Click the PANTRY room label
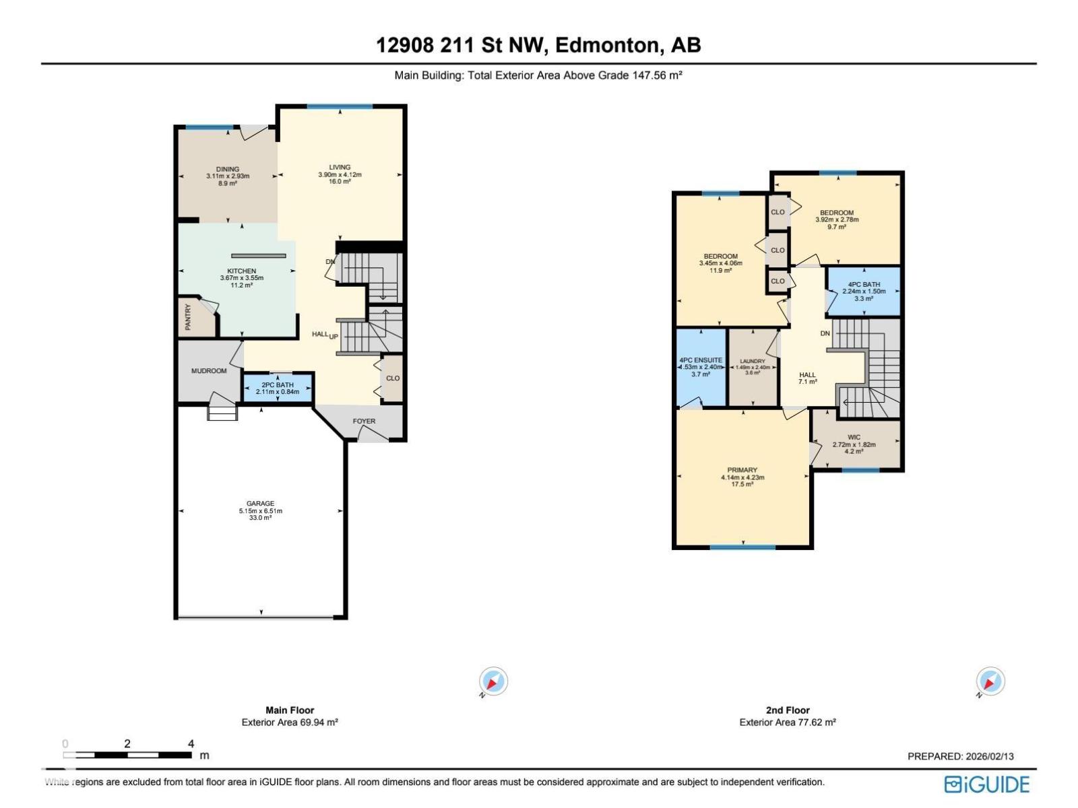[x=188, y=317]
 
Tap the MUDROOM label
[x=209, y=371]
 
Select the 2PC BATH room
[x=278, y=388]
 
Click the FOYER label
[x=364, y=422]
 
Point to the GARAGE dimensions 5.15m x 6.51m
[x=260, y=511]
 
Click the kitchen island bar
[x=259, y=256]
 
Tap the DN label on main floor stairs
[x=330, y=262]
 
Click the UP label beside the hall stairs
[x=334, y=336]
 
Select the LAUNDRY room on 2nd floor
[x=753, y=367]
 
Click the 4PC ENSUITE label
[x=701, y=360]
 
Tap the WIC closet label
[x=854, y=438]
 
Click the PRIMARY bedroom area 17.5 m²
[x=742, y=484]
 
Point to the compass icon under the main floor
[x=493, y=681]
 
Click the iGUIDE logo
[x=987, y=784]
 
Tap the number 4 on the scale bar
[x=191, y=743]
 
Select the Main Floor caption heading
[x=290, y=710]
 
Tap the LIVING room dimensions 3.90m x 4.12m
[x=340, y=174]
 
